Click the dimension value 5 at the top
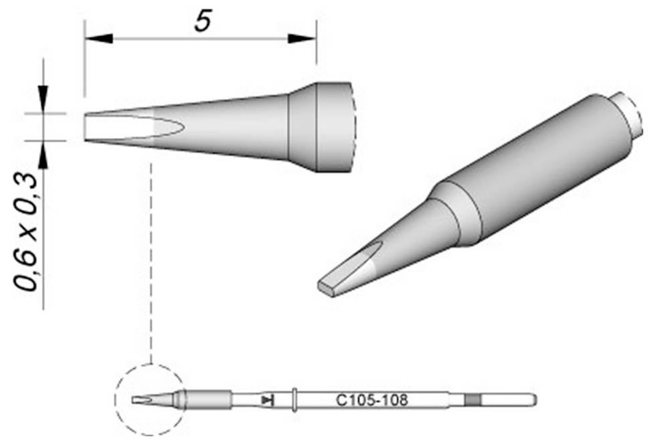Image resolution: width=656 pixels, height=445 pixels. tap(203, 21)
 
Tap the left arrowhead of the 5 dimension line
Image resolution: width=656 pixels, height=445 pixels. tap(99, 39)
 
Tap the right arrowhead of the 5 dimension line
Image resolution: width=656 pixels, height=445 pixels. tap(302, 39)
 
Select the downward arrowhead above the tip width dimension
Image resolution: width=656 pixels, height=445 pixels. tap(44, 99)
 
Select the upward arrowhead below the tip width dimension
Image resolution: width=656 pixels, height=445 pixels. tap(44, 155)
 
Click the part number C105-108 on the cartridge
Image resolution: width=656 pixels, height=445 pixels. tap(372, 401)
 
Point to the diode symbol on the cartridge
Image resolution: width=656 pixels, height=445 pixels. tap(267, 401)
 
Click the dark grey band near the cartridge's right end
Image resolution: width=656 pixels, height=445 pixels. tap(473, 400)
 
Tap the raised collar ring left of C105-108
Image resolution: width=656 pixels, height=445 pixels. tap(295, 400)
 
